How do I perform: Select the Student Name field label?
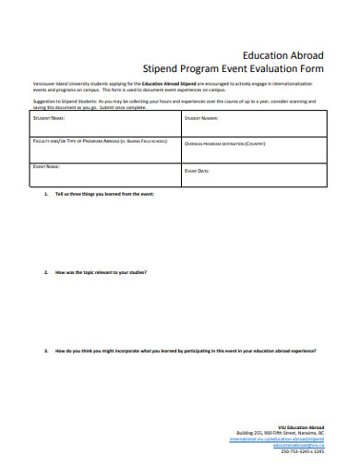(49, 119)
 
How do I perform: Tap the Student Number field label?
(201, 119)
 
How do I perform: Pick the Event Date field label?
(198, 172)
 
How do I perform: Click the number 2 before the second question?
(46, 273)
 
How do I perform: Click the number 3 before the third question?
(46, 351)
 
